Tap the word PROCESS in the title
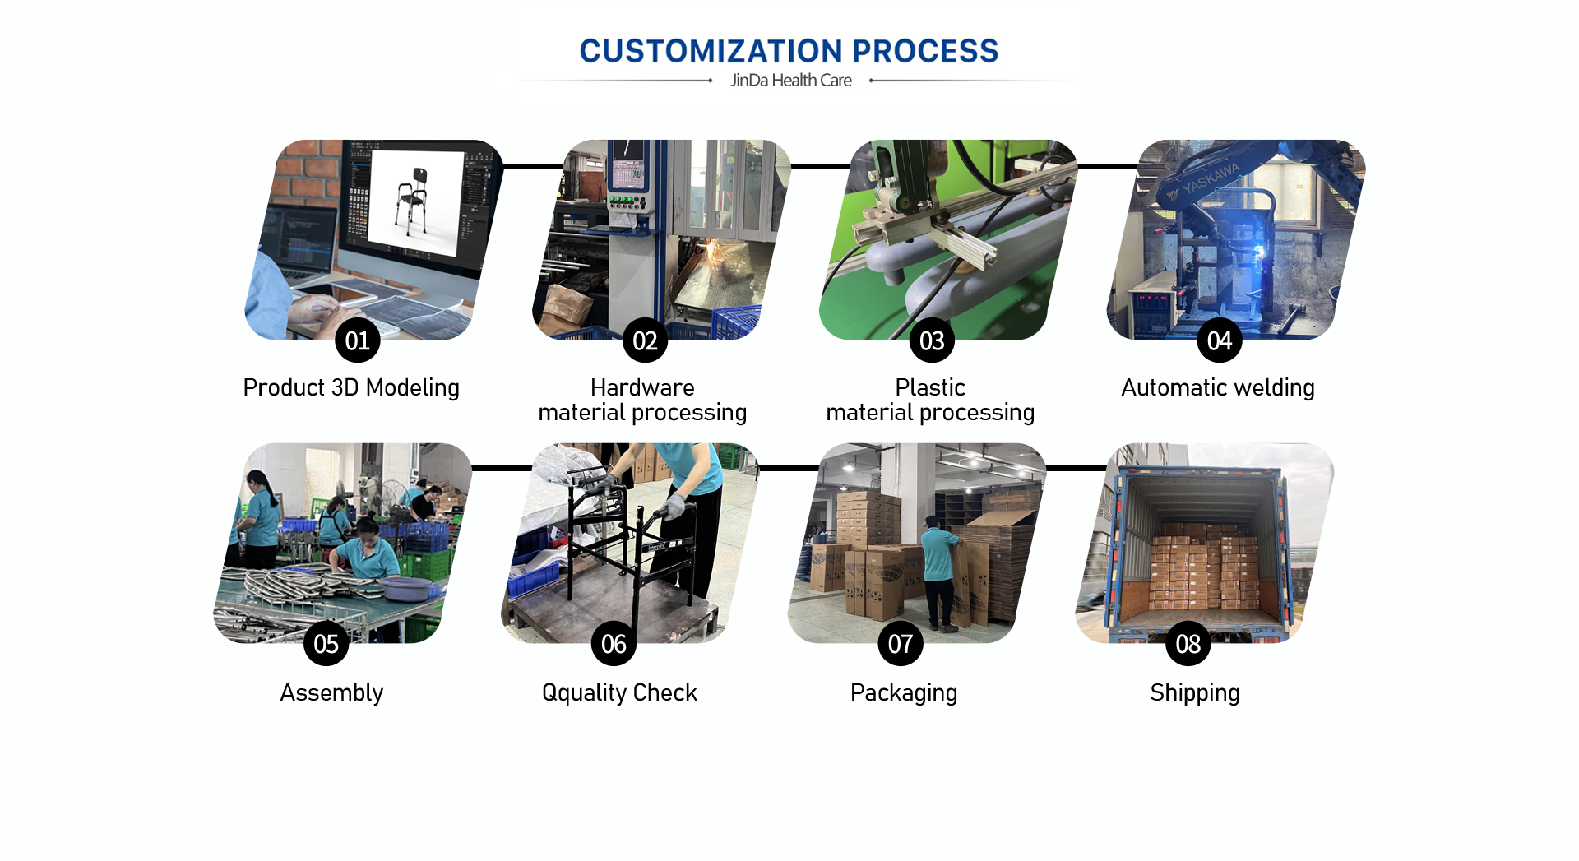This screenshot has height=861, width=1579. point(925,51)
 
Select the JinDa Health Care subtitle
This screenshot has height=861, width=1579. point(791,81)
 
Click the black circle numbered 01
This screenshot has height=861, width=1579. point(358,340)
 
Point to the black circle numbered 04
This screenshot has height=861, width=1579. point(1220,340)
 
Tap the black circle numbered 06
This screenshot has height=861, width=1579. point(614,643)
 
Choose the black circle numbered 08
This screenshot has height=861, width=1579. point(1188,643)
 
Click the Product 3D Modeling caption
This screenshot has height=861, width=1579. point(351,387)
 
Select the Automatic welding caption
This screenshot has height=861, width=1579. point(1218,387)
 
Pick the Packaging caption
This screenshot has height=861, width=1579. point(904,692)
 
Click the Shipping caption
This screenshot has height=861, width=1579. point(1195,692)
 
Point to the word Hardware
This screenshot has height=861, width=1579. point(642,387)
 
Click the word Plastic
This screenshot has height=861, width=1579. point(930,387)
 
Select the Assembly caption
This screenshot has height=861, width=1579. point(331,692)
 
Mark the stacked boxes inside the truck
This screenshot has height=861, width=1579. point(1206,568)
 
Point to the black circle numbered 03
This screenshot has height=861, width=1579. point(932,340)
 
